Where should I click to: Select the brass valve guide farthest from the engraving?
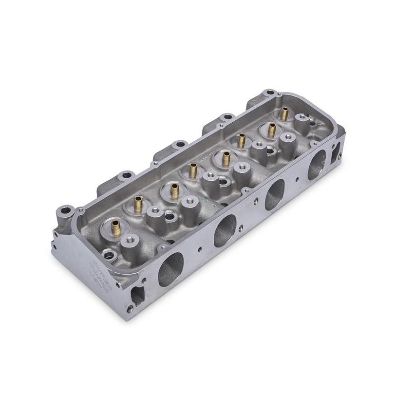[284, 113]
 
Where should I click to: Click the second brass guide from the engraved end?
[138, 204]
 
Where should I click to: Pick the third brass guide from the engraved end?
[174, 191]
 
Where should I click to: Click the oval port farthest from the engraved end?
[317, 165]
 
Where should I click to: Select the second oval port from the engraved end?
[225, 230]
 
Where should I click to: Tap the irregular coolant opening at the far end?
[336, 152]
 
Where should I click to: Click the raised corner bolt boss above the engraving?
[64, 213]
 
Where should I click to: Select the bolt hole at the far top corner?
[269, 93]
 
